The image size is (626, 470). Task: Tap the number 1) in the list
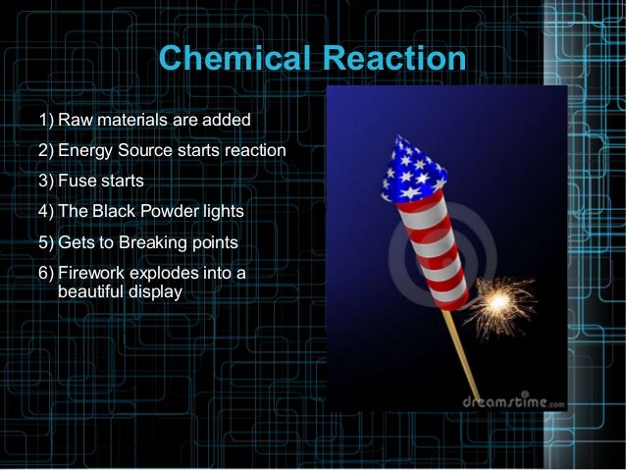(46, 121)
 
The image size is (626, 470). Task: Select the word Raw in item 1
(75, 121)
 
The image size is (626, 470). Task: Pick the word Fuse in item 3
(77, 182)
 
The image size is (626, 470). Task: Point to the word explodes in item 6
(165, 272)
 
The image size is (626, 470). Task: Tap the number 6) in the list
(46, 272)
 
